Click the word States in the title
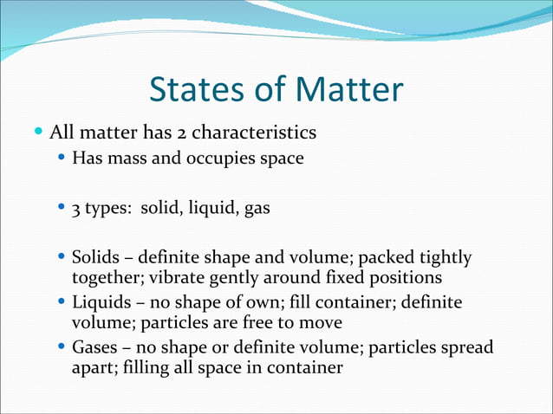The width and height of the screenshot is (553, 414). pyautogui.click(x=198, y=90)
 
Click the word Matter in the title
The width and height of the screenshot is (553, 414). pyautogui.click(x=350, y=90)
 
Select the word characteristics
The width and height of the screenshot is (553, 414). pyautogui.click(x=254, y=133)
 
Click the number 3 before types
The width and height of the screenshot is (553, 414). pyautogui.click(x=75, y=209)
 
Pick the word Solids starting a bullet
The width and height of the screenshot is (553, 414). pyautogui.click(x=94, y=257)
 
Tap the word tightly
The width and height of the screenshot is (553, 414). pyautogui.click(x=446, y=257)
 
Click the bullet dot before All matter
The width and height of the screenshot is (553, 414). pyautogui.click(x=38, y=133)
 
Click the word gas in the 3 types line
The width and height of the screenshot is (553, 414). pyautogui.click(x=257, y=209)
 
